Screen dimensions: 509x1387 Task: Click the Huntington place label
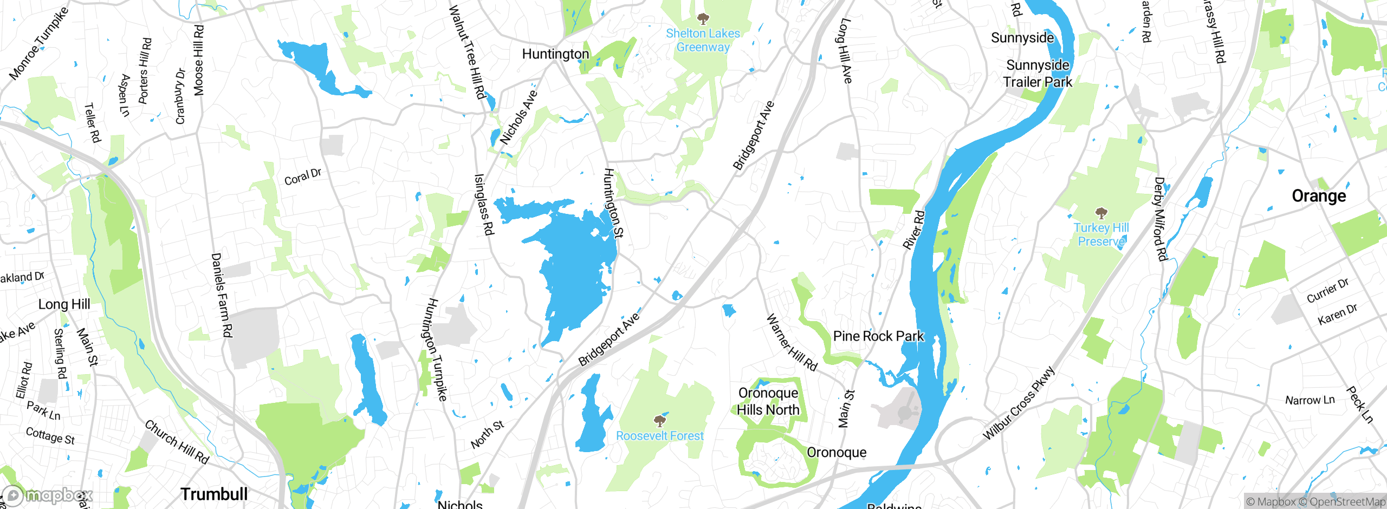(x=555, y=54)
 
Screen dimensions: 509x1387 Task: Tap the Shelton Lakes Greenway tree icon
(x=703, y=20)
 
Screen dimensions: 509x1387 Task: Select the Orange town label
(x=1318, y=196)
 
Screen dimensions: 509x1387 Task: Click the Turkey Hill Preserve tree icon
(x=1101, y=213)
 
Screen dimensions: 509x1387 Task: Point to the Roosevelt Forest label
(x=659, y=436)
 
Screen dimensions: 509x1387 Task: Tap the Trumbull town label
(x=214, y=494)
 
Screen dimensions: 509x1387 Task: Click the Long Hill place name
(x=64, y=304)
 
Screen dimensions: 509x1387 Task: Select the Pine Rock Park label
(x=878, y=336)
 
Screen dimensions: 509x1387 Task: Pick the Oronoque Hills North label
(x=768, y=401)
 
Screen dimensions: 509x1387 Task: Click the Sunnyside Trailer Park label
(x=1037, y=74)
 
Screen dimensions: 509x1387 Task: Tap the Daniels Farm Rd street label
(x=222, y=295)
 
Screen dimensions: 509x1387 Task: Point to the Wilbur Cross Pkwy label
(x=1019, y=402)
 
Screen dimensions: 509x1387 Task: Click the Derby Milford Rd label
(x=1160, y=219)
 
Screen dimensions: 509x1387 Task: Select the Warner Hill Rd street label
(x=791, y=343)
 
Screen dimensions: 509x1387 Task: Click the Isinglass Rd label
(x=483, y=204)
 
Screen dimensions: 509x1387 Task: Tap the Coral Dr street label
(x=302, y=177)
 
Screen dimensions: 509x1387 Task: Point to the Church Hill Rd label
(x=177, y=441)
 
